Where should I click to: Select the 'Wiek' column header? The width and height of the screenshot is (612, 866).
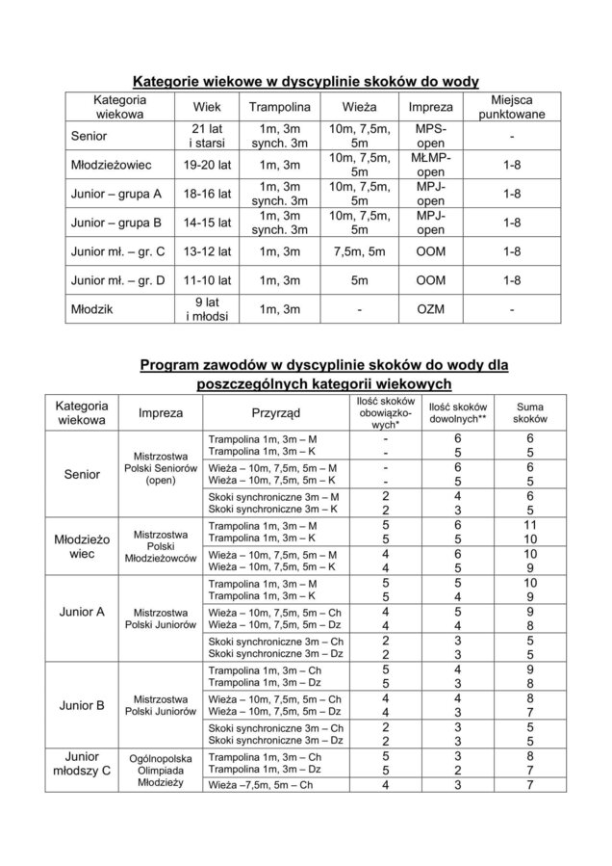213,107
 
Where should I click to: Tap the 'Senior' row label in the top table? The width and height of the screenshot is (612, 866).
89,137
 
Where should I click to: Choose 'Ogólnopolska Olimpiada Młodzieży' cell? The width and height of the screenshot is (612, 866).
161,770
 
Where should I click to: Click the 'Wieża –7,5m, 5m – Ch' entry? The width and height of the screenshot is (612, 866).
261,785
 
